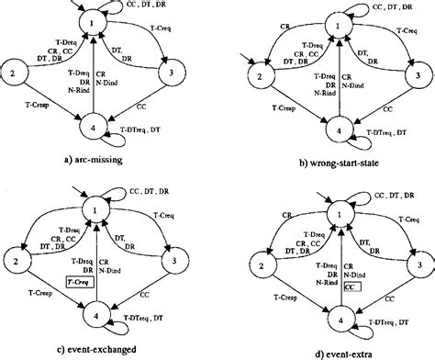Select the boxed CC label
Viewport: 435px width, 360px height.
pos(351,287)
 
